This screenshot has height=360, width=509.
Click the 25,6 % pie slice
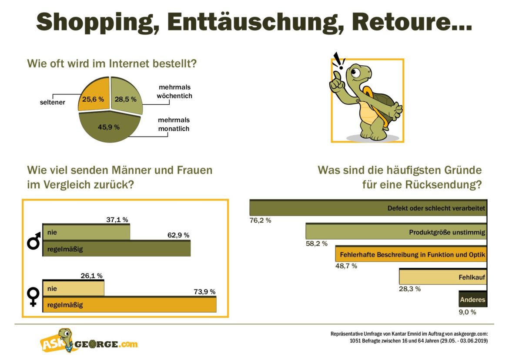tap(93, 98)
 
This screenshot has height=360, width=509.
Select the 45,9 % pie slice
tap(109, 127)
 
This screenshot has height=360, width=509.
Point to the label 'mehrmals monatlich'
tap(174, 124)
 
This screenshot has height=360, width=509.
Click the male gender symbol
tap(34, 240)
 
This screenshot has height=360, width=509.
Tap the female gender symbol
tap(33, 297)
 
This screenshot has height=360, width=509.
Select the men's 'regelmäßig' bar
tap(116, 249)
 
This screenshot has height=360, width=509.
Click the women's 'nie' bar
tap(73, 288)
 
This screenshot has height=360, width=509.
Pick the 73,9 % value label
tap(204, 292)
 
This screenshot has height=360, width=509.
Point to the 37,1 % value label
tap(117, 220)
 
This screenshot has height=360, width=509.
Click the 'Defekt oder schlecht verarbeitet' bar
tap(368, 208)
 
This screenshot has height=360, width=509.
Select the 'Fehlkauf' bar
tap(442, 277)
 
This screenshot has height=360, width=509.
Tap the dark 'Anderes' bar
tap(472, 300)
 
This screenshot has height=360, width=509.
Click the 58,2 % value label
tap(316, 243)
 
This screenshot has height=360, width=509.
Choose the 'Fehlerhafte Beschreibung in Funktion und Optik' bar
tap(411, 254)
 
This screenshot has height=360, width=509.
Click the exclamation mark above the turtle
tap(338, 61)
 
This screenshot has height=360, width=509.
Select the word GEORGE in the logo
tap(97, 344)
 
